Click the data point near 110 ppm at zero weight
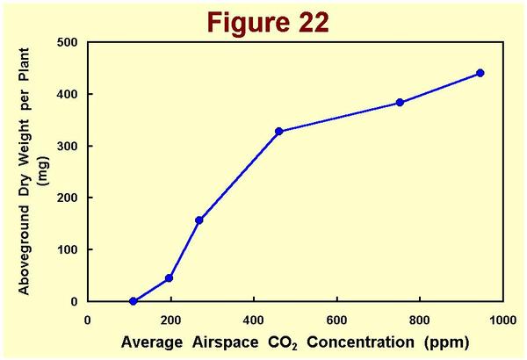pos(134,301)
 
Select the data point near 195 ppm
pos(169,278)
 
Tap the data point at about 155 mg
pos(199,220)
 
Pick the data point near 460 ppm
pos(278,132)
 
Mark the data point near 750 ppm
pos(400,103)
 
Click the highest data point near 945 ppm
pos(480,73)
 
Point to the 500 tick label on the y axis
pos(67,42)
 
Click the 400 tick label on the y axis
pos(67,94)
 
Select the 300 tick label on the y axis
pos(67,146)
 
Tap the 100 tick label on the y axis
pos(67,249)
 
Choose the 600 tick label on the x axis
pos(336,320)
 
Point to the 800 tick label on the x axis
pos(420,320)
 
